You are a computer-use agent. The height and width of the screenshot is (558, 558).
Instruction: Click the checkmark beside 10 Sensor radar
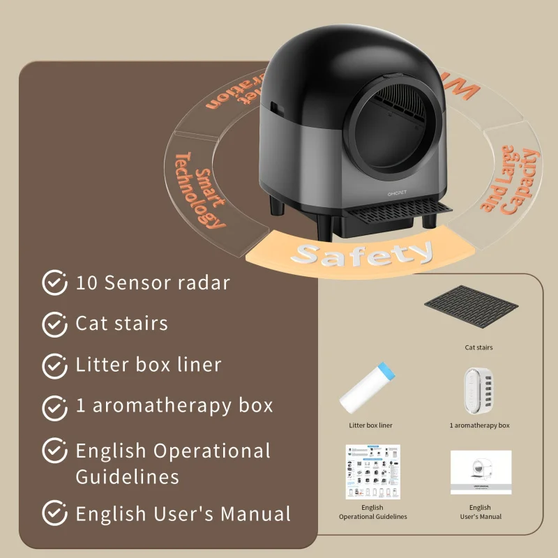point(54,282)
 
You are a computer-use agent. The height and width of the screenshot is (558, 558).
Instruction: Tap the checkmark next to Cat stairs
point(54,324)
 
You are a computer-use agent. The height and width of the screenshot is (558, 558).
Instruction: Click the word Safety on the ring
point(361,254)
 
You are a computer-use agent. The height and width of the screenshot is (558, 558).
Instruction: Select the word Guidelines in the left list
point(127,476)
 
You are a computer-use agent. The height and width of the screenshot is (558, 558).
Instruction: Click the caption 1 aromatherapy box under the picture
point(479,425)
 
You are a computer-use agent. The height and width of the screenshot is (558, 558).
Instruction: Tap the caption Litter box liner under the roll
point(370,425)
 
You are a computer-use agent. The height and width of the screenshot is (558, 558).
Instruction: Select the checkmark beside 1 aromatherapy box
point(54,406)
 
